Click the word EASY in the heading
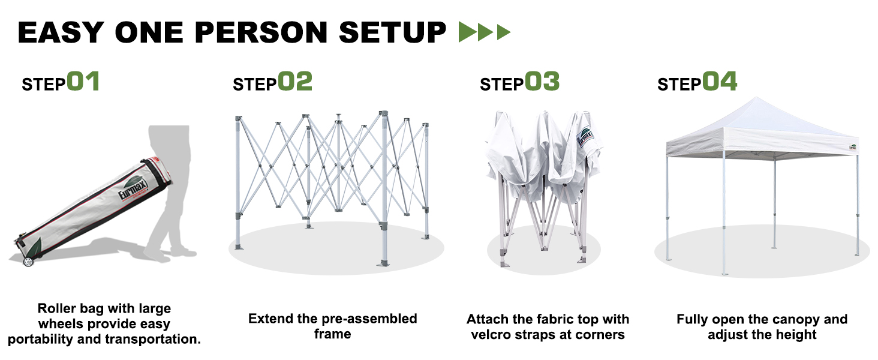(61, 32)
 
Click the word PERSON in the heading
(261, 32)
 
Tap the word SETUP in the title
(392, 32)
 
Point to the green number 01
(83, 81)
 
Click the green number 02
(294, 81)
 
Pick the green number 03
(542, 81)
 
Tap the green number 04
(720, 81)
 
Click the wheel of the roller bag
(28, 261)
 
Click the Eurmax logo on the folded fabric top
(585, 137)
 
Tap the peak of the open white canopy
(756, 98)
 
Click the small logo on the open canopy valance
(853, 146)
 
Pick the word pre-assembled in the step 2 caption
(374, 319)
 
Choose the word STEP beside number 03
(502, 85)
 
